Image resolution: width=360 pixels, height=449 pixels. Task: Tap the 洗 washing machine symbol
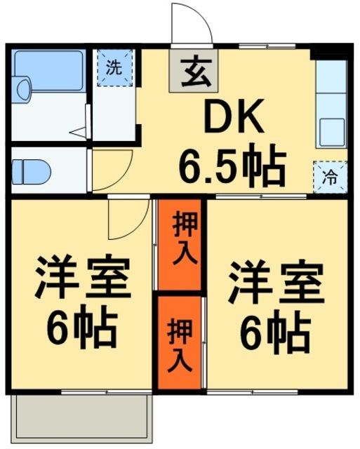tap(113, 67)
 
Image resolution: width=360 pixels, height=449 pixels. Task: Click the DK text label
tap(233, 123)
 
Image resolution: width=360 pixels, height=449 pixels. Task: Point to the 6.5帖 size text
tap(231, 167)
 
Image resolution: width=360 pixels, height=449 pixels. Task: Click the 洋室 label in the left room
tap(83, 281)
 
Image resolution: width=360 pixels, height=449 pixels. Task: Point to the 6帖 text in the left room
tap(81, 328)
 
